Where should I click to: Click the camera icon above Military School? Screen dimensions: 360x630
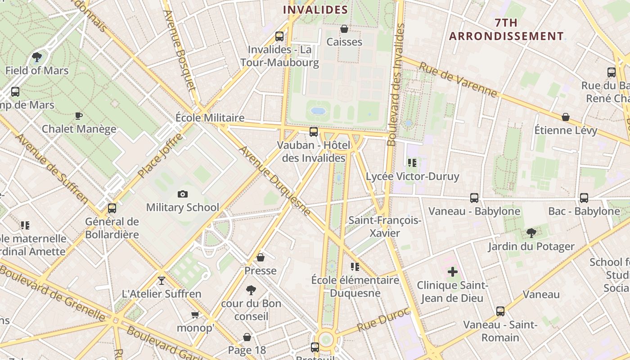[x=182, y=194]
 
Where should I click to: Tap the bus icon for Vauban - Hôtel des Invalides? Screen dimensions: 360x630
[x=314, y=132]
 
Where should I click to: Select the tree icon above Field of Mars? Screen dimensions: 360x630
[x=37, y=57]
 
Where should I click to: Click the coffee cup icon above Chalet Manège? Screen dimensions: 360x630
[x=79, y=116]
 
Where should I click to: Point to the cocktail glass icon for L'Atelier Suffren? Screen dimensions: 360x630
[x=162, y=281]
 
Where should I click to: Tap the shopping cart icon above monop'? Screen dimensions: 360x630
[x=195, y=315]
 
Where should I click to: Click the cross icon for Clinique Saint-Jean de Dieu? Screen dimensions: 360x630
[x=453, y=272]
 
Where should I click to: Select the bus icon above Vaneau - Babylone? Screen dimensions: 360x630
[x=474, y=198]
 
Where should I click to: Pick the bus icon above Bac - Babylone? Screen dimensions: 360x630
[x=584, y=198]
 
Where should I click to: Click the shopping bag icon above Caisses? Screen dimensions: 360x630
[x=344, y=29]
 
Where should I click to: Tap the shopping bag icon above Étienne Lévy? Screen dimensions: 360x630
[x=566, y=117]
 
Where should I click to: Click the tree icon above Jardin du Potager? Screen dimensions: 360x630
[x=531, y=233]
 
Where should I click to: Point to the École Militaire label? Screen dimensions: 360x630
[x=210, y=118]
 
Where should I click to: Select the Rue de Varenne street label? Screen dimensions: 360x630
[x=458, y=80]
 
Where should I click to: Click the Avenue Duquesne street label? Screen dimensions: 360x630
[x=274, y=180]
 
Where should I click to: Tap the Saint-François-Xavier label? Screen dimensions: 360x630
[x=385, y=227]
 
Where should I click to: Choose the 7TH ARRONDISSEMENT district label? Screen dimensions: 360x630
[x=506, y=30]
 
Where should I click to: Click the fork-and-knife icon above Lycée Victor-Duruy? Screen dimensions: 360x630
[x=412, y=162]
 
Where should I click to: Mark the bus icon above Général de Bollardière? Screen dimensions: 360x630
[x=112, y=208]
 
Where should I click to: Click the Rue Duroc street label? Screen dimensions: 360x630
[x=384, y=319]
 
